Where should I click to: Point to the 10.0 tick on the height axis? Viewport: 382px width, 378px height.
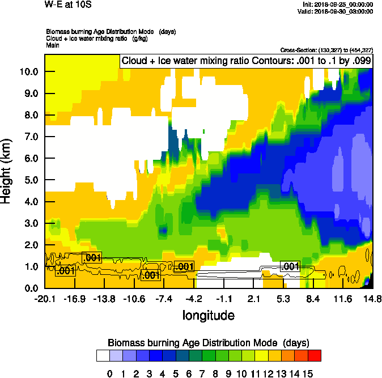[x=28, y=72]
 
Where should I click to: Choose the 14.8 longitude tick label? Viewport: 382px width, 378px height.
[x=372, y=298]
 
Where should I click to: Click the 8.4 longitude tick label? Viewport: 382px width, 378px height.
[x=314, y=298]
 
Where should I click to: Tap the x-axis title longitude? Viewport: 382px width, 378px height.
[x=208, y=315]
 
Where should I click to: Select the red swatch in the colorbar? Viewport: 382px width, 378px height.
[x=315, y=356]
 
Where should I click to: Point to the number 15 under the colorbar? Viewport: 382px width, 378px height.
[x=308, y=373]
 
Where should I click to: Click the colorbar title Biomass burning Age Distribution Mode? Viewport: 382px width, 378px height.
[x=208, y=343]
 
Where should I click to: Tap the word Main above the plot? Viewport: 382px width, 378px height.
[x=52, y=46]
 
